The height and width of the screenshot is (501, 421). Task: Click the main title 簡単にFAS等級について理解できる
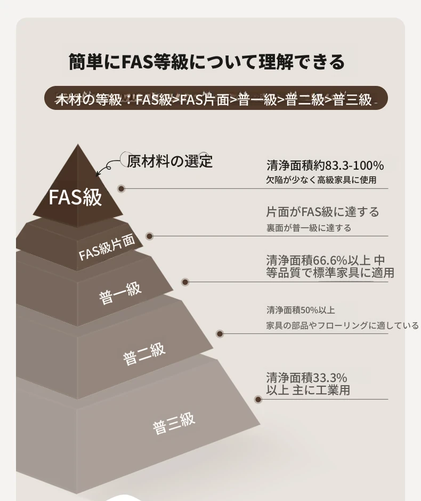point(207,62)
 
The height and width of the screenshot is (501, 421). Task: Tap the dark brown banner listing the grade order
point(216,98)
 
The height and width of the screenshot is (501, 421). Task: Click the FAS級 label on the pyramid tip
point(75,197)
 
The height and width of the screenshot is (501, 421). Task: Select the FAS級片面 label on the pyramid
point(107,248)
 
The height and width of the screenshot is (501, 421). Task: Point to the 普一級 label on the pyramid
point(120,293)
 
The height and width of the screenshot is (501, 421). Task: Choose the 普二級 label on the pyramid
point(144,353)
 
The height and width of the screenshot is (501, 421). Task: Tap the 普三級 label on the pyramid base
point(174,423)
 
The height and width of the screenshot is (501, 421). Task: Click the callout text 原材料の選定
point(169,161)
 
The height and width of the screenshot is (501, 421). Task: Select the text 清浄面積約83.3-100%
point(325,165)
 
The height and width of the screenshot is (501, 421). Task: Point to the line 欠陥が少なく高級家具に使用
point(321,180)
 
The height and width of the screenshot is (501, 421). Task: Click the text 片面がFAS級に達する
point(323,212)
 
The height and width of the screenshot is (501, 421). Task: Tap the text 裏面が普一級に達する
point(309,228)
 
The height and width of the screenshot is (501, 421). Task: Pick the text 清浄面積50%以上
point(301,310)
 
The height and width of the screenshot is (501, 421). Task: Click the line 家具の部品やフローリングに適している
point(343,325)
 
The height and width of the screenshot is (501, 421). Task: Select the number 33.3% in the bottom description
point(330,378)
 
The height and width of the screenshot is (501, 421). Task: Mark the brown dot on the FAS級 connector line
point(121,188)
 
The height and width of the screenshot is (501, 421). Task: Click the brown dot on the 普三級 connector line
point(258,399)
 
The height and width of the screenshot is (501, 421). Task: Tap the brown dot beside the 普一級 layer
point(185,282)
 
